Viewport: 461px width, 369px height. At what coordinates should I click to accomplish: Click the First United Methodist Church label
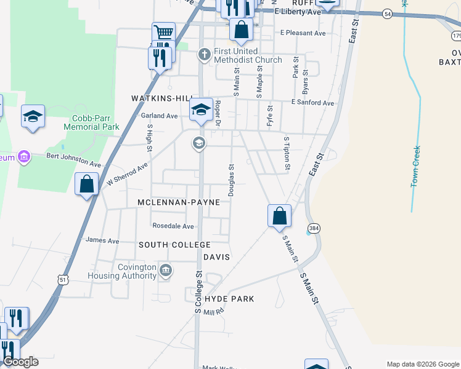coord(248,55)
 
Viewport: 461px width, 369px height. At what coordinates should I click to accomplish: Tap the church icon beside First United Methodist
coord(205,55)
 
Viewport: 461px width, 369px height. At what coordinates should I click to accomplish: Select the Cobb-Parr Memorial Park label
coord(95,122)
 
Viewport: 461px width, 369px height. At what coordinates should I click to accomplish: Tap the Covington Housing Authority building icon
coord(166,270)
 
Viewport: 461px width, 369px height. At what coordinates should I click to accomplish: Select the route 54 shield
coord(387,14)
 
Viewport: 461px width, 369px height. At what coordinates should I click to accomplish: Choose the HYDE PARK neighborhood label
coord(229,298)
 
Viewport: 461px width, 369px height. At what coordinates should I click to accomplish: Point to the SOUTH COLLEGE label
coord(166,245)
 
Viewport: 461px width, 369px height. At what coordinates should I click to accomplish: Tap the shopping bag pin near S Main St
coord(279,216)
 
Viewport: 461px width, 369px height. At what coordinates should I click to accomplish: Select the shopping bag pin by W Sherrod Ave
coord(87,184)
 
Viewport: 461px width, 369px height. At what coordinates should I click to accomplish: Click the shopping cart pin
coord(163,33)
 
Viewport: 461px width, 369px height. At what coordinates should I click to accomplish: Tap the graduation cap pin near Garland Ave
coord(201,110)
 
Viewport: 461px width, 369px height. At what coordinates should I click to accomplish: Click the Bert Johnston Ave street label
coord(74,161)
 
